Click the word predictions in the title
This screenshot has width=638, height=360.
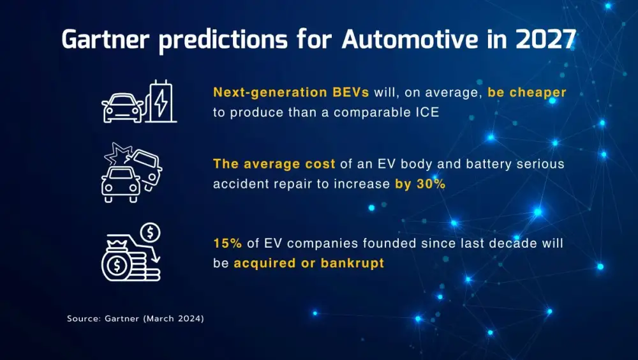(226, 40)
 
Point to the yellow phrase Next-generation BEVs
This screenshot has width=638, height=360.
(291, 93)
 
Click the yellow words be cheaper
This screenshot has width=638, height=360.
(527, 93)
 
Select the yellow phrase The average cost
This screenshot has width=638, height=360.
(274, 164)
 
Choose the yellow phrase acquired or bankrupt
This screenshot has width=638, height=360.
(309, 263)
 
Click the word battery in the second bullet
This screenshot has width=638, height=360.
(470, 164)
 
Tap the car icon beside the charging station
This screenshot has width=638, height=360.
(122, 108)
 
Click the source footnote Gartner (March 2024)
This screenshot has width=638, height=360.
(135, 318)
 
